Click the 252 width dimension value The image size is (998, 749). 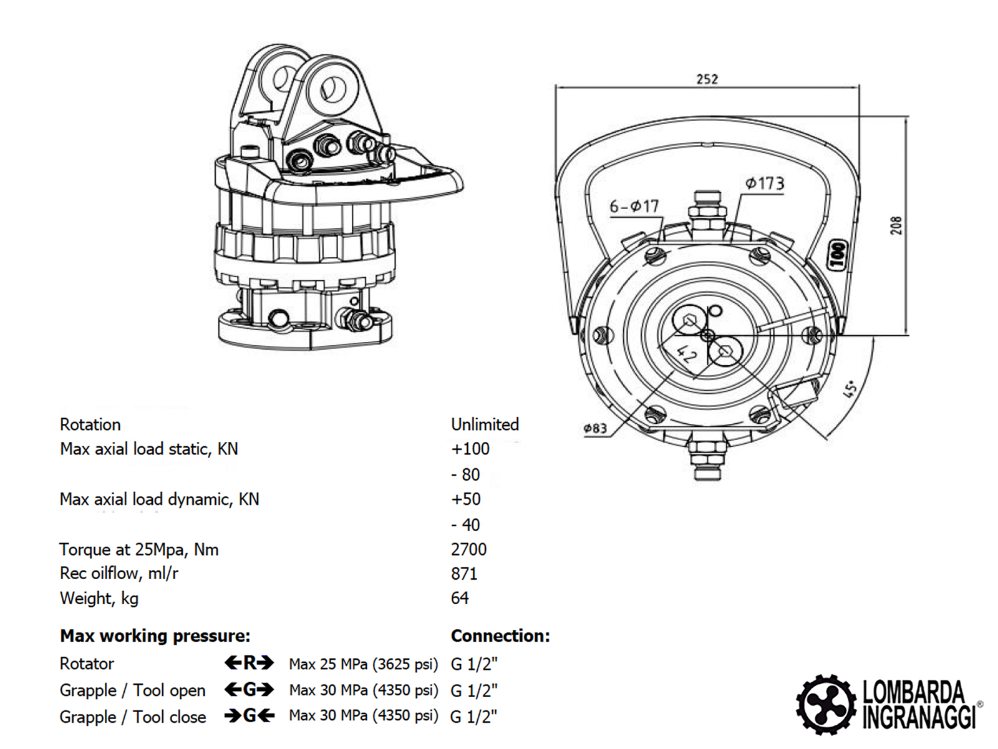pos(707,79)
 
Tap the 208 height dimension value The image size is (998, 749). pos(896,225)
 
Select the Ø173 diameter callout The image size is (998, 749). pos(764,184)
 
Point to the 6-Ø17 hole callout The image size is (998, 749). pos(634,206)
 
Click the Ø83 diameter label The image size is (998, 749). pos(595,428)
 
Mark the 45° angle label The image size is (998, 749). pos(850,389)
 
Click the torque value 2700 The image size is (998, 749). pos(468,549)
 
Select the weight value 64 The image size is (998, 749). pos(460,598)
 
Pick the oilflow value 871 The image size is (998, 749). pos(464,574)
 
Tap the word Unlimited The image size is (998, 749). pos(485,424)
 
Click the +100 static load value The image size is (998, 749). pos(470,449)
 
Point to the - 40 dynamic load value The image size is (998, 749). pos(465,525)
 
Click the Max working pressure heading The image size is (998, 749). pos(155,636)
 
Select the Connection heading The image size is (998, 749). pos(500,636)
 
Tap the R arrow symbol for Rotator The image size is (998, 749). pos(249,663)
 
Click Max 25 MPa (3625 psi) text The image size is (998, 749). pos(363,664)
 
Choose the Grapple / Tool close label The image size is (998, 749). pos(132,717)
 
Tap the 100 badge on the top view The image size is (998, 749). pos(838,255)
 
